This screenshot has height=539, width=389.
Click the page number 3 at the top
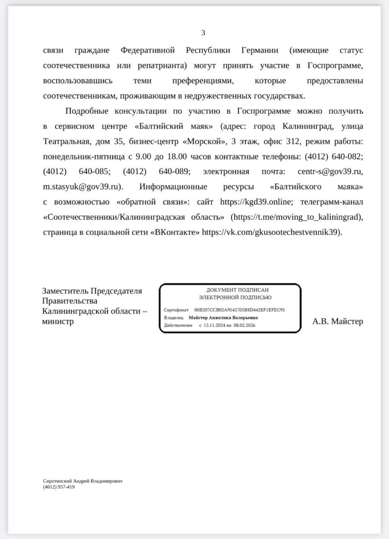pos(203,32)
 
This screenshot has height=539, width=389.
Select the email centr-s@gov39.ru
pos(330,172)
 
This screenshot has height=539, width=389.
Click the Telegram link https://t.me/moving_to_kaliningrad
pos(296,217)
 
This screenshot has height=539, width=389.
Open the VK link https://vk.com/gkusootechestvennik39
pos(271,232)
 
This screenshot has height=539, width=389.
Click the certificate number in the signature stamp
pos(239,310)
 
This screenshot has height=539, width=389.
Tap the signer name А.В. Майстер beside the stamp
pos(338,321)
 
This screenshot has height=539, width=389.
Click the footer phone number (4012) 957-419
pos(59,486)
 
